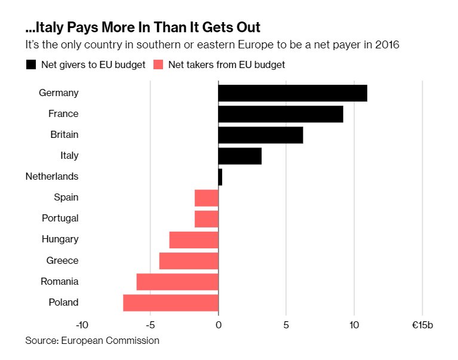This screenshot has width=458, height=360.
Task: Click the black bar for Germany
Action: point(293,93)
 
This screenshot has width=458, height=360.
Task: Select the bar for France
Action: point(281,114)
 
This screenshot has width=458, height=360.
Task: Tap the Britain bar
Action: point(260,135)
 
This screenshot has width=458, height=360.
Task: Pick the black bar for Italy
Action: point(240,156)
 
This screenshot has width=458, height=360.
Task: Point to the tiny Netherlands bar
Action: point(220,177)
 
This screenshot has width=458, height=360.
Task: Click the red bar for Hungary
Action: point(194,240)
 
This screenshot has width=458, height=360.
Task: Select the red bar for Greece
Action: point(189,261)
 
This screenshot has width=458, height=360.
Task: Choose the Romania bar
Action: point(177,282)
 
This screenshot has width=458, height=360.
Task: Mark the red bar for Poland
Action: point(171,303)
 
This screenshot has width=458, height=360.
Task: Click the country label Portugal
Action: point(60,219)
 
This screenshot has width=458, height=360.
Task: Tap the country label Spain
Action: point(66,198)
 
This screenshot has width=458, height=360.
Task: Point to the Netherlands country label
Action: point(52,177)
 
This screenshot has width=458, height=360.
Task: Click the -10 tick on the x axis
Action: point(82,325)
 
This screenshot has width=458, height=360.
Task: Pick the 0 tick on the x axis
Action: point(218,325)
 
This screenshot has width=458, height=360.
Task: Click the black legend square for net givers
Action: point(31,64)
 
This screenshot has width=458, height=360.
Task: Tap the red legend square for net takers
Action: point(159,64)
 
